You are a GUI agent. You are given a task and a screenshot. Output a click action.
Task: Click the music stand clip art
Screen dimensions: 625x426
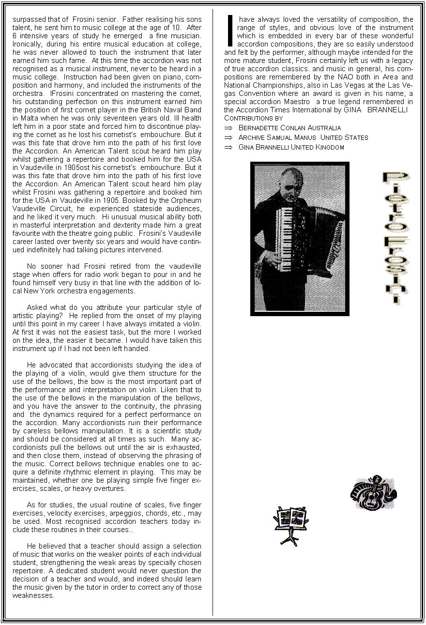click(x=291, y=524)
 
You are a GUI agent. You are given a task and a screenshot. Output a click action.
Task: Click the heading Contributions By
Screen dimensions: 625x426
click(x=253, y=118)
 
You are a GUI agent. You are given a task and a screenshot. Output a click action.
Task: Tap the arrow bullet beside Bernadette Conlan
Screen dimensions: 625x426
click(x=228, y=128)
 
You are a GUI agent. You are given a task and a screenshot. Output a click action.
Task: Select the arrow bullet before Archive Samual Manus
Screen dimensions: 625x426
click(x=228, y=137)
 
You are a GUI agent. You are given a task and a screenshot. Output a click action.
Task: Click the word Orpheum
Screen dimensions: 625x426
click(x=186, y=200)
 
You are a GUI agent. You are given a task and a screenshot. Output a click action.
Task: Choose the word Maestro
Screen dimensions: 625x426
click(x=297, y=102)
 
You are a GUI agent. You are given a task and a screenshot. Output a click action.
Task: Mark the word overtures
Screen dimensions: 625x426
click(x=110, y=488)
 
